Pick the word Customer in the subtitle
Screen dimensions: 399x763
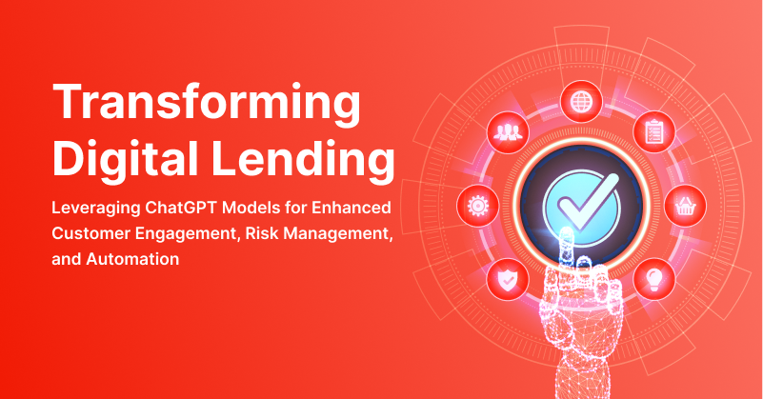coord(91,232)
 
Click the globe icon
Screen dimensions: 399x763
coord(578,97)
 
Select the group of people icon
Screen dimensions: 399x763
coord(504,131)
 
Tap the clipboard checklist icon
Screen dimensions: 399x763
coord(653,130)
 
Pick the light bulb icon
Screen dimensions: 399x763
coord(654,277)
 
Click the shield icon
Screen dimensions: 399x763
coord(504,278)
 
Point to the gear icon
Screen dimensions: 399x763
coord(475,204)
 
